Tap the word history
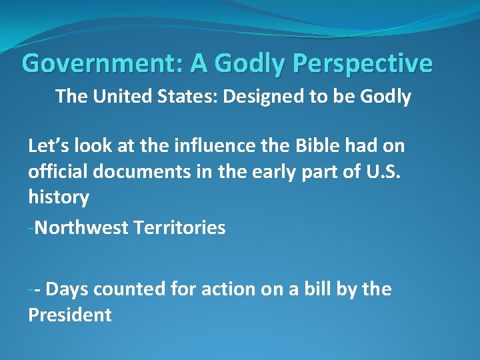[58, 197]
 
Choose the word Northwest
[81, 228]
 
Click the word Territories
[179, 228]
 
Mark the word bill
[315, 289]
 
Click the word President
[69, 315]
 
